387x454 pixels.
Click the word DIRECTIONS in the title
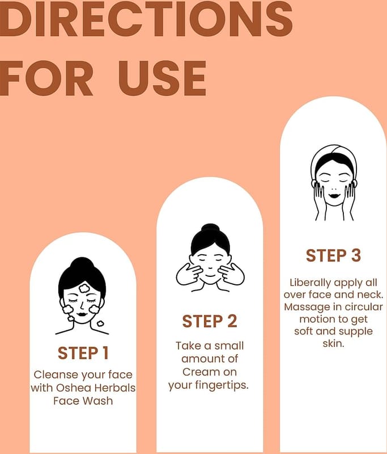146,19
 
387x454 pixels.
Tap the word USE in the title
163,78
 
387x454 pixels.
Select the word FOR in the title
46,78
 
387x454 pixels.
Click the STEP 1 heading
83,353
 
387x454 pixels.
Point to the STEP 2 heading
210,321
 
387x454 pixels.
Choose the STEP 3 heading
334,256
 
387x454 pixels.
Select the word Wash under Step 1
98,401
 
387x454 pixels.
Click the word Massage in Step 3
307,307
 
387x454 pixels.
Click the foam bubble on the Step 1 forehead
84,288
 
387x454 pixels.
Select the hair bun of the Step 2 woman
210,229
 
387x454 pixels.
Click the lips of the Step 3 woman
334,195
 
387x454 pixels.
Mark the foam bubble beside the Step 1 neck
100,323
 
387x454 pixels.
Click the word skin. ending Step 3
334,344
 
